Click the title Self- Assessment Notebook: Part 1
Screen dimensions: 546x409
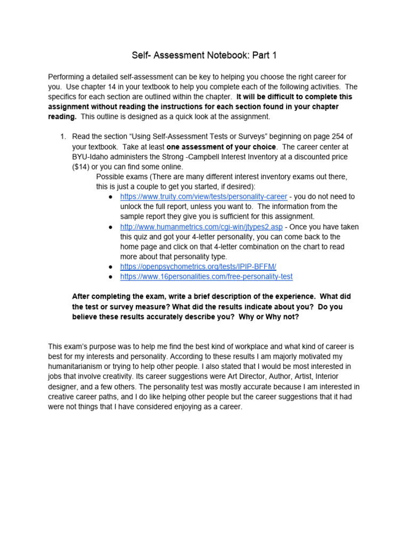click(x=204, y=55)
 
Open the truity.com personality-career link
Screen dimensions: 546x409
click(x=203, y=196)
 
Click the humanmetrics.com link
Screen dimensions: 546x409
click(x=201, y=227)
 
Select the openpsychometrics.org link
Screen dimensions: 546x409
click(x=198, y=266)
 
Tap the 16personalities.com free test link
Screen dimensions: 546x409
click(x=206, y=276)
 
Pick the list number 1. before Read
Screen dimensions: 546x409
click(x=63, y=136)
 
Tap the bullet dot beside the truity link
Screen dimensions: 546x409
click(x=110, y=197)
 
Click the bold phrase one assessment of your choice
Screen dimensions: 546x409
click(x=221, y=147)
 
